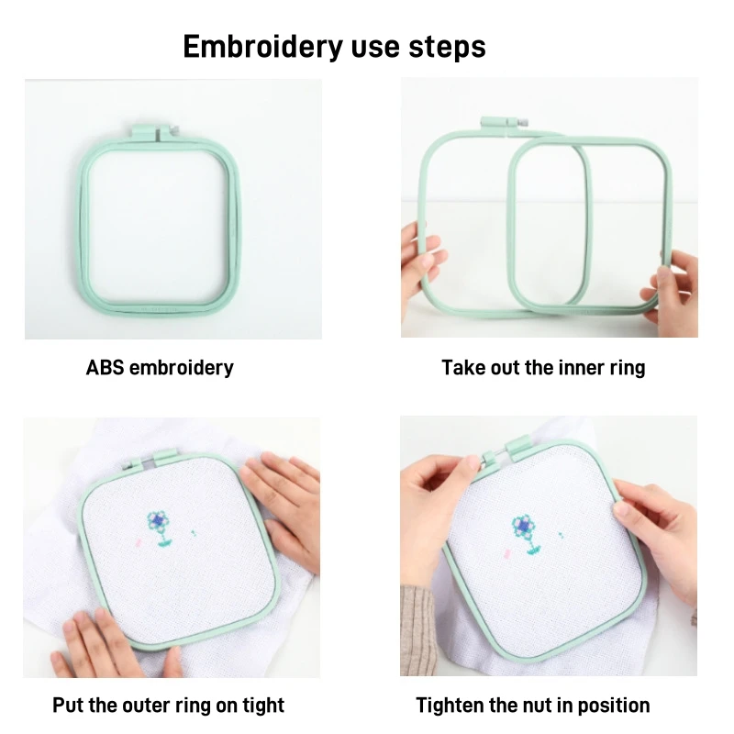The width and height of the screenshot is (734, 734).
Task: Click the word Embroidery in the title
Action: click(263, 47)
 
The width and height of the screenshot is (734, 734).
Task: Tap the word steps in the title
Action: click(447, 48)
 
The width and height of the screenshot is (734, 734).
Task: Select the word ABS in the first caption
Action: click(105, 368)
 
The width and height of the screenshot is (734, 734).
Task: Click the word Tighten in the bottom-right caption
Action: click(450, 705)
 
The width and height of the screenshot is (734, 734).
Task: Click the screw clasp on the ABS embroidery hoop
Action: click(149, 131)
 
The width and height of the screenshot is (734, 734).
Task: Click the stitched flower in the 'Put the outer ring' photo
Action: click(159, 528)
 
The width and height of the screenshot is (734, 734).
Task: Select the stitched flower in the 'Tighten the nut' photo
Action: click(526, 534)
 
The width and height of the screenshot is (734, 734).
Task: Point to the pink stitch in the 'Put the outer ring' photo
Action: click(139, 543)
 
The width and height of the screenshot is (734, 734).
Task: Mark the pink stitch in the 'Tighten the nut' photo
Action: click(506, 555)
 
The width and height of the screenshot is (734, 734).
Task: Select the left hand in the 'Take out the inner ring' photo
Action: click(421, 262)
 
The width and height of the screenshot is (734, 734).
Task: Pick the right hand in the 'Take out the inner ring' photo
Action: click(672, 295)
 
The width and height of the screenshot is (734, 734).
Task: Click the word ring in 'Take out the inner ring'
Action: click(628, 369)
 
